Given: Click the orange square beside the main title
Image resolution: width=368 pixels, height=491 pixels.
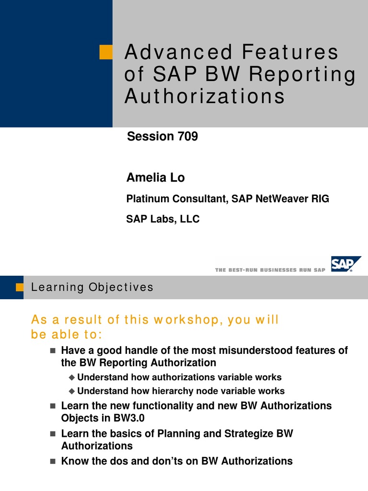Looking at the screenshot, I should click(106, 52).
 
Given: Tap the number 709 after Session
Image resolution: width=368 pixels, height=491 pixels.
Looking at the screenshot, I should click(187, 137).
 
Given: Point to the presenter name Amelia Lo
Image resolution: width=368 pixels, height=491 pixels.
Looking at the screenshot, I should click(155, 178).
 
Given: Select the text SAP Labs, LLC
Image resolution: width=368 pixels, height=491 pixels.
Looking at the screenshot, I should click(163, 219).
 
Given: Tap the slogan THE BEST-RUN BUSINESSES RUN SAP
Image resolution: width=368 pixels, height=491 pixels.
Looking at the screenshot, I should click(270, 270).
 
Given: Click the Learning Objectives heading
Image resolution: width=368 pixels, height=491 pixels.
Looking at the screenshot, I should click(92, 287).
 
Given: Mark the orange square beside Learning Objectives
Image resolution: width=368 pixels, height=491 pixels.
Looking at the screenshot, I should click(20, 287).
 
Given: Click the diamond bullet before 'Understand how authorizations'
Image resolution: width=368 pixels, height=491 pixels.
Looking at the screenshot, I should click(72, 377).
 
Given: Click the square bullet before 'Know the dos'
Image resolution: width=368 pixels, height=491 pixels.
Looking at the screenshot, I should click(53, 461).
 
